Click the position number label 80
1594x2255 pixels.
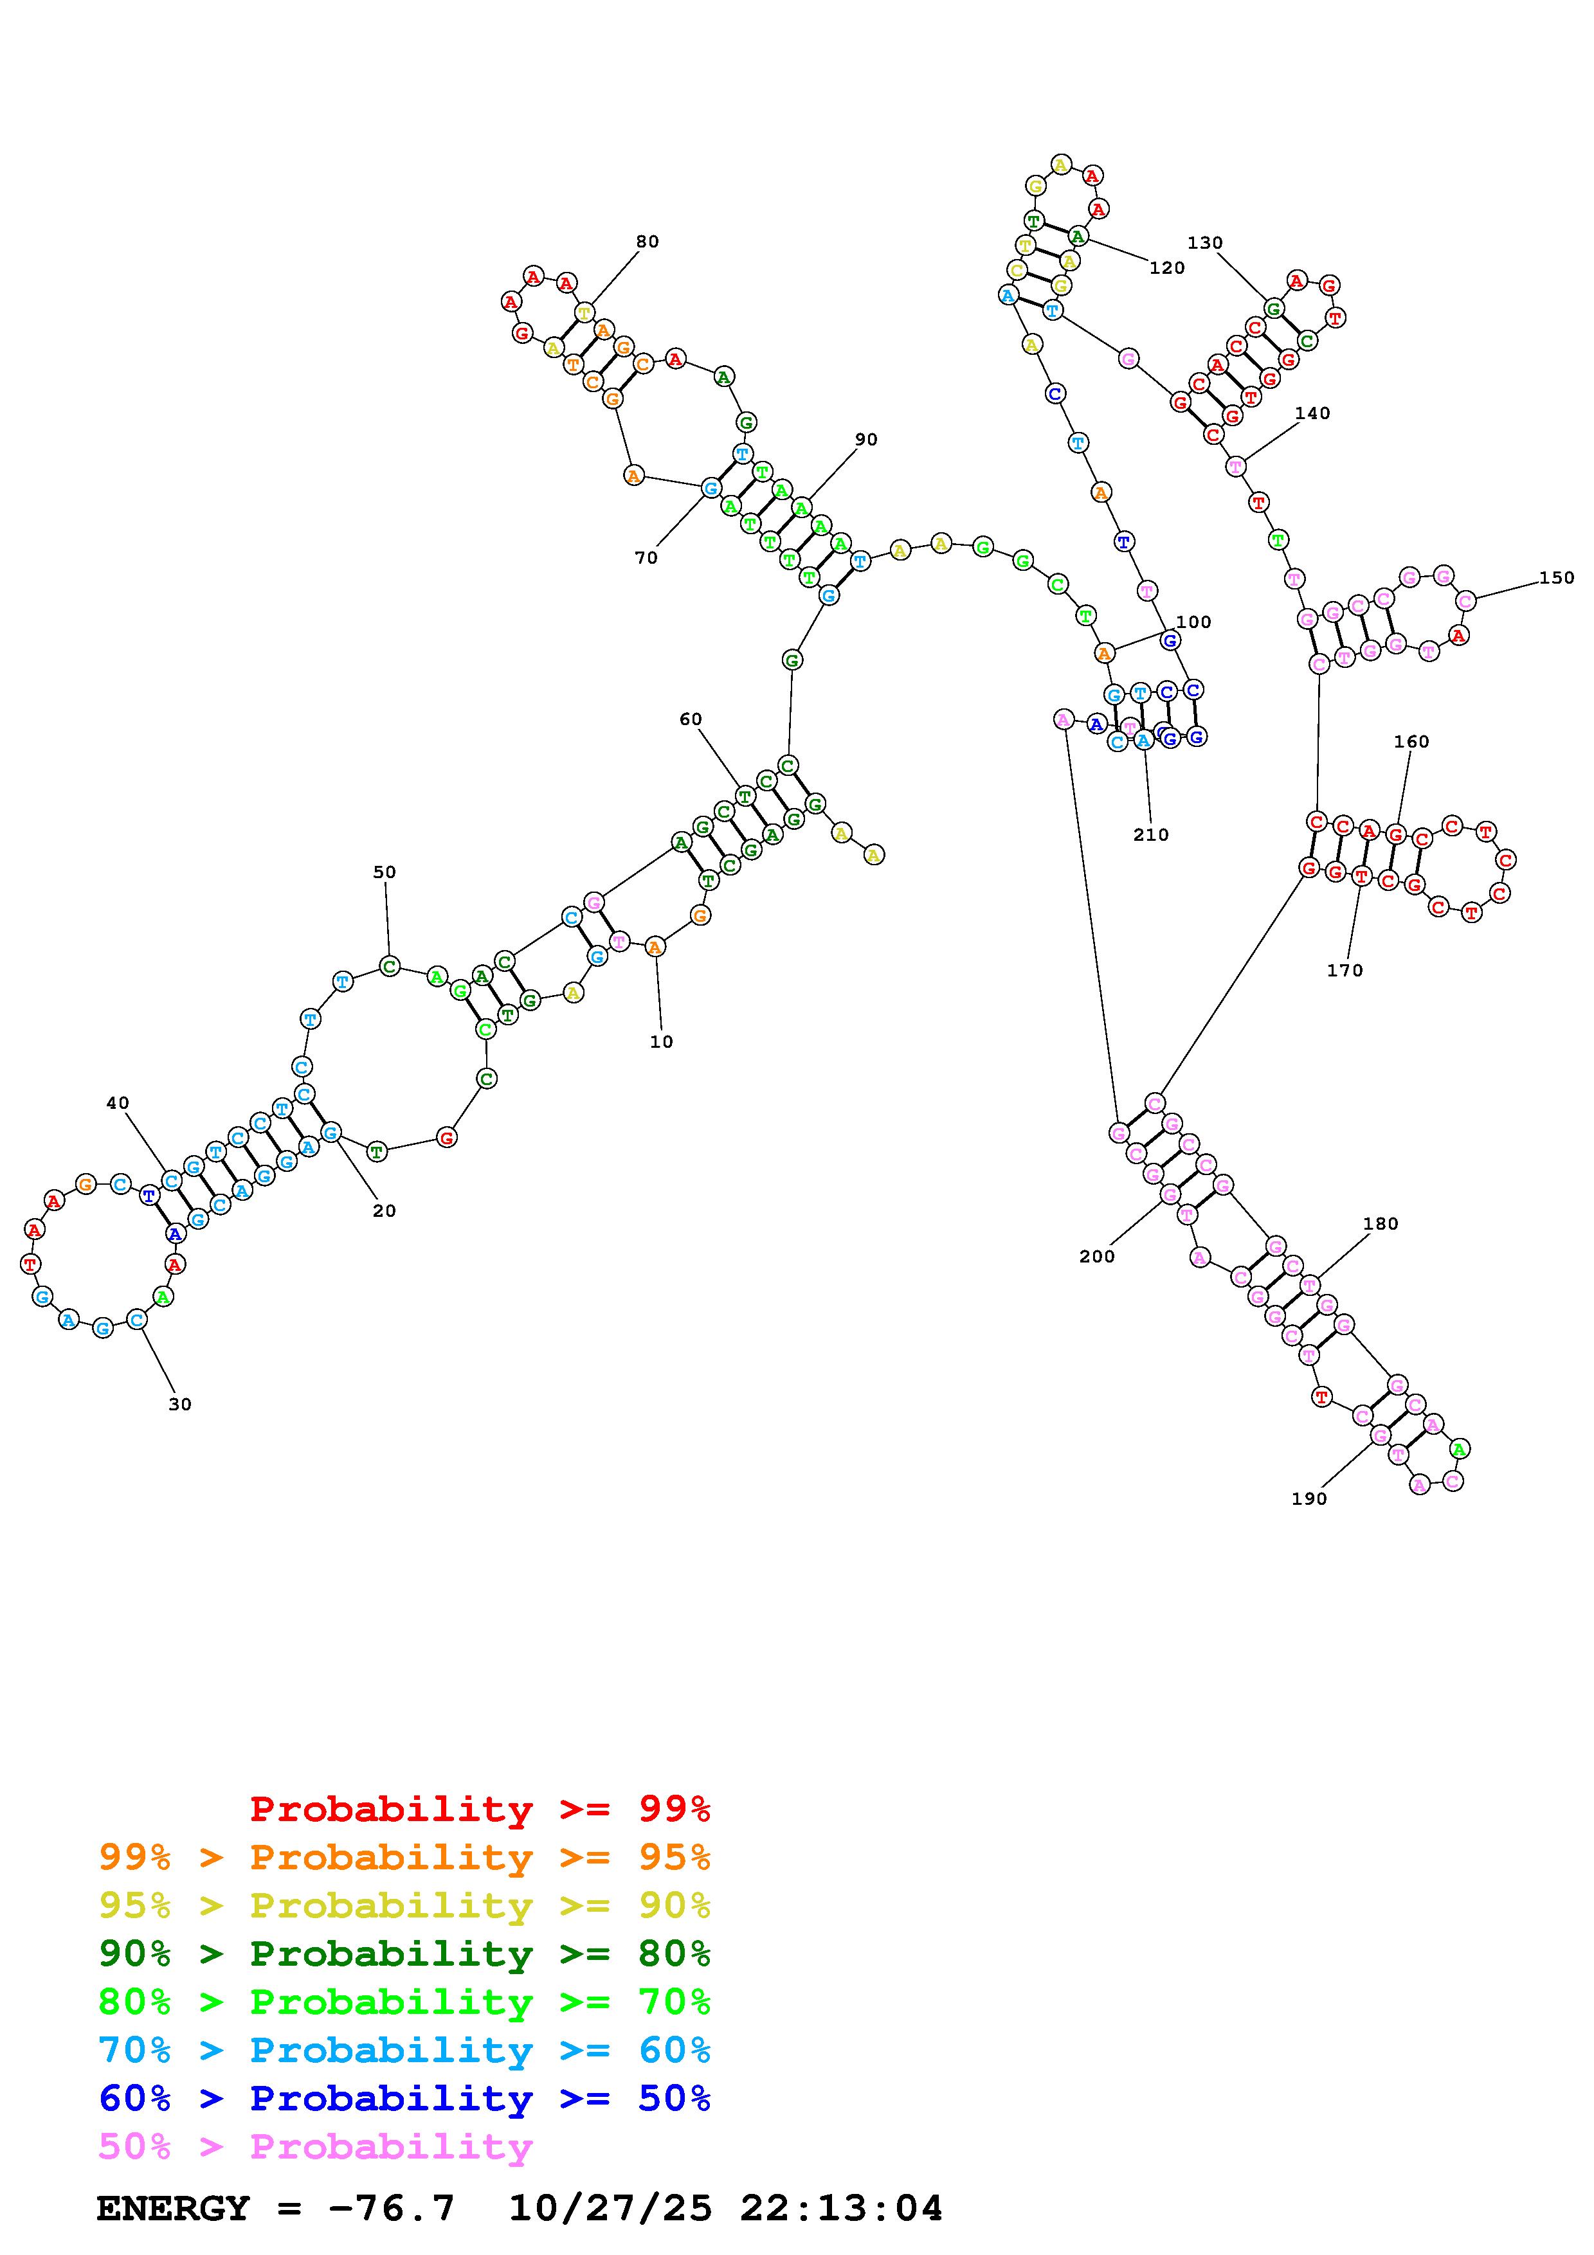point(648,242)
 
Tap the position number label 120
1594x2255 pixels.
point(1167,268)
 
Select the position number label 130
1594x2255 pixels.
point(1205,244)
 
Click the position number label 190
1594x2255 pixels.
point(1309,1499)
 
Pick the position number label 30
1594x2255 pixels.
point(180,1405)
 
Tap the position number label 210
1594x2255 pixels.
point(1151,835)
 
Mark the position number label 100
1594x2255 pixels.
point(1193,622)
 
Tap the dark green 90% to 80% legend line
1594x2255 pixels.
point(404,1954)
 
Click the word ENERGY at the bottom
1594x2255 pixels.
point(173,2209)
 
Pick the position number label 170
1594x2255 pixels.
point(1345,971)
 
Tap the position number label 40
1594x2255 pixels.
point(118,1103)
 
